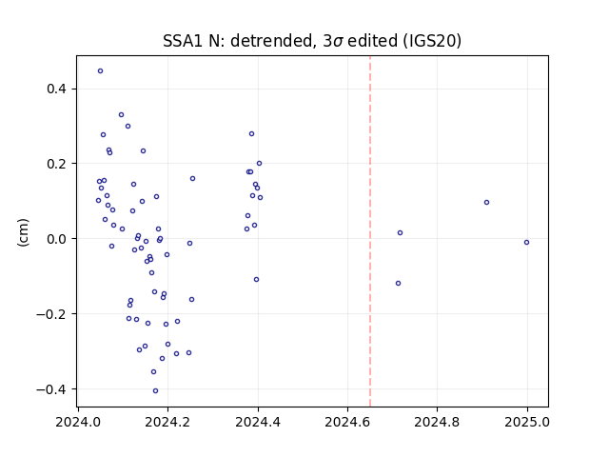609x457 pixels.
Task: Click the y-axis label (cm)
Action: click(x=23, y=232)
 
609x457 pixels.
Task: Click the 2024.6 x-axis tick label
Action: click(x=347, y=422)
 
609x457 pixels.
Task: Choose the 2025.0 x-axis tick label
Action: click(x=527, y=422)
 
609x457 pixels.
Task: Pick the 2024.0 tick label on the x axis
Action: click(x=78, y=422)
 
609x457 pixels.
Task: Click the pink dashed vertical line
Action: click(x=370, y=231)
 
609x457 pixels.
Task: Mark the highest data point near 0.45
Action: click(x=100, y=71)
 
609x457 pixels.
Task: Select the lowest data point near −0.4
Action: click(x=155, y=391)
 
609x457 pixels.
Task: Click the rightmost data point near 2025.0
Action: click(x=526, y=243)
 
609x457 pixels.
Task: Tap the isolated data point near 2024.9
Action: click(x=486, y=203)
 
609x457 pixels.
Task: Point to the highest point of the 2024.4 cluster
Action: click(x=251, y=134)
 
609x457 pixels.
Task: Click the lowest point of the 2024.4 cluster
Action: click(x=256, y=279)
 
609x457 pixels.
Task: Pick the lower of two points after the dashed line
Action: click(x=398, y=284)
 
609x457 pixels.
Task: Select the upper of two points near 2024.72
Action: click(x=400, y=232)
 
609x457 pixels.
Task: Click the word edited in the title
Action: click(x=372, y=41)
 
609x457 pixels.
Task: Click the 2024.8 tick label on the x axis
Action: click(x=437, y=422)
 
